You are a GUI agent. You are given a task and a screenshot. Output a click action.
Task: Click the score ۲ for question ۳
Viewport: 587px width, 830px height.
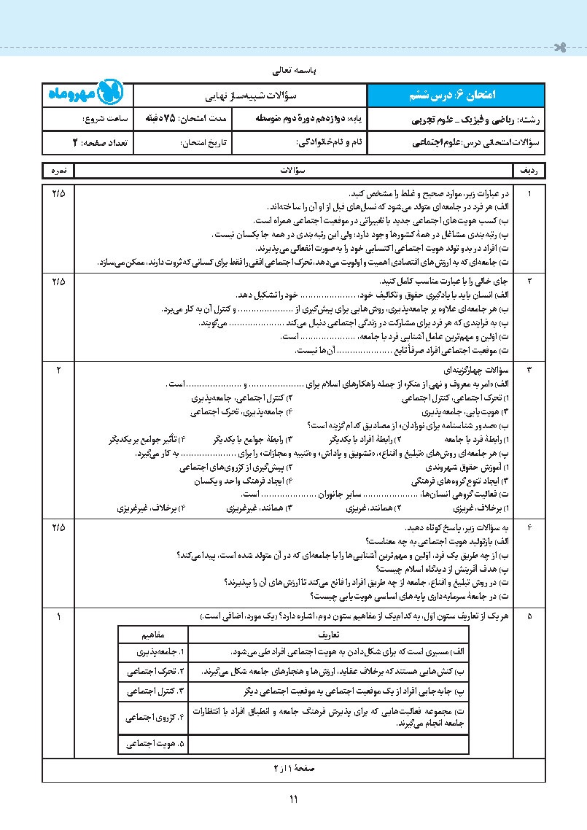point(58,370)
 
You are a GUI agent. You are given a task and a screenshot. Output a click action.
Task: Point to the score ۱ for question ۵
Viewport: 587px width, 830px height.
point(58,616)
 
